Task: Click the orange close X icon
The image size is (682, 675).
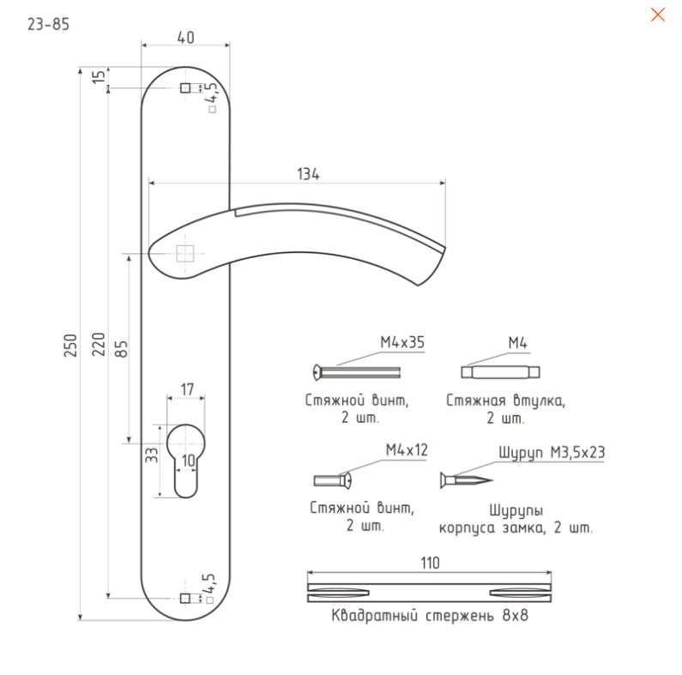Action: click(x=658, y=15)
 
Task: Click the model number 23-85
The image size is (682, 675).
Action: click(x=48, y=24)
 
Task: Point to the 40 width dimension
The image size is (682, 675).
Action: click(x=185, y=38)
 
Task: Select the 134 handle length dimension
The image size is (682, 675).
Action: click(x=308, y=174)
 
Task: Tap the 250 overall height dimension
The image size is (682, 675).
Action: click(x=70, y=346)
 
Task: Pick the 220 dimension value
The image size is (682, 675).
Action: click(x=99, y=344)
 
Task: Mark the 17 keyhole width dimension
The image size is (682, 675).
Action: click(x=187, y=389)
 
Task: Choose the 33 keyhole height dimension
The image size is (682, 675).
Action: click(x=152, y=455)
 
